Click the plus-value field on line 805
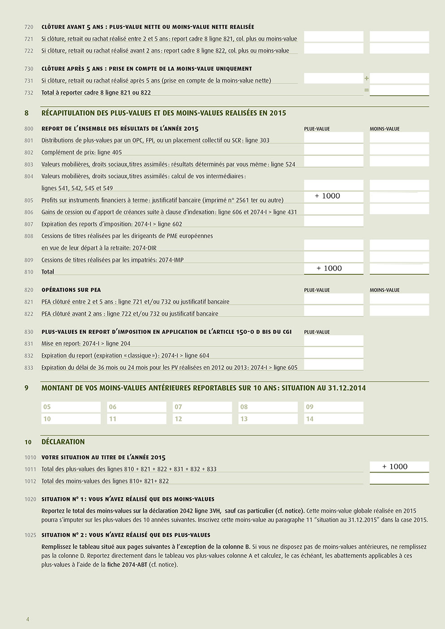(333, 196)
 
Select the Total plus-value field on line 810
(333, 269)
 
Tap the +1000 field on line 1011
(399, 467)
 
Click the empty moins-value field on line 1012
(399, 479)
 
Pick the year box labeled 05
(71, 407)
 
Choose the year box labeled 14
(334, 419)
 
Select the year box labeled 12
(202, 419)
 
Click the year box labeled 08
(268, 407)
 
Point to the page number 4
(28, 619)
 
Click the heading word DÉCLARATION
(63, 442)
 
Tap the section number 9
(26, 388)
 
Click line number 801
(29, 140)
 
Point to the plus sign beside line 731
(366, 78)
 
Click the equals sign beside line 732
(366, 90)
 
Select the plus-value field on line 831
(333, 341)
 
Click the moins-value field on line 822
(399, 311)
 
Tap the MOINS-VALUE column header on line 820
(384, 290)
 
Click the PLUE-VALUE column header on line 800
(317, 129)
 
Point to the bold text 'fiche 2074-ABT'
(127, 564)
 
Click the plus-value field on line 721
(333, 37)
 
